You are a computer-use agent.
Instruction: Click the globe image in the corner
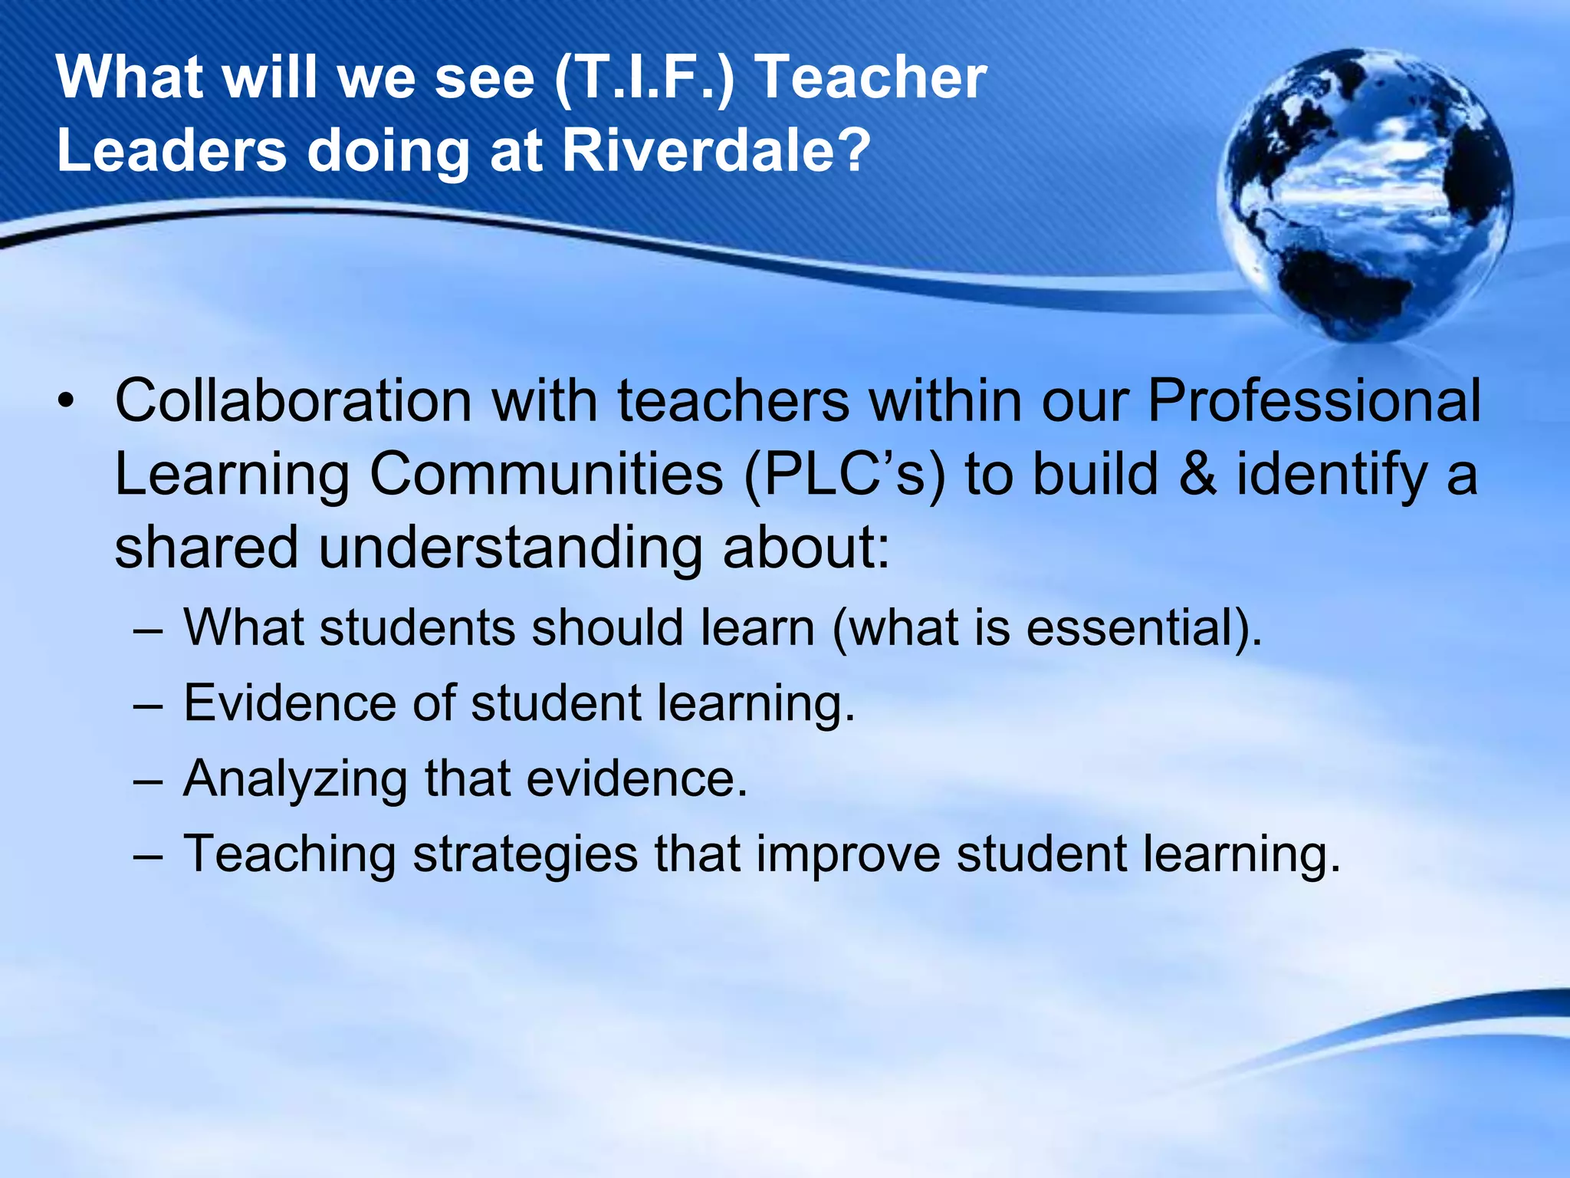1365,196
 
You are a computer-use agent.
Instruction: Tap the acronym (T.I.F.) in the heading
645,77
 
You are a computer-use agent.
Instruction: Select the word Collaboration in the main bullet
293,400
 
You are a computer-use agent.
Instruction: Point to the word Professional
1313,400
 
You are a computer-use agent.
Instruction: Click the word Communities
546,474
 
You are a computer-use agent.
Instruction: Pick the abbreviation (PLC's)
845,474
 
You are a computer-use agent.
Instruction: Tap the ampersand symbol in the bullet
1197,474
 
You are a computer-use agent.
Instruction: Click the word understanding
510,548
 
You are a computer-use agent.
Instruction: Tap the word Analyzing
295,778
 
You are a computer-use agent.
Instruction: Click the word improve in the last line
848,854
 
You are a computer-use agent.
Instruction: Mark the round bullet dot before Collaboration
66,402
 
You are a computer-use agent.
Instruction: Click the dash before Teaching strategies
147,854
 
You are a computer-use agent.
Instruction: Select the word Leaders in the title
172,150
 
